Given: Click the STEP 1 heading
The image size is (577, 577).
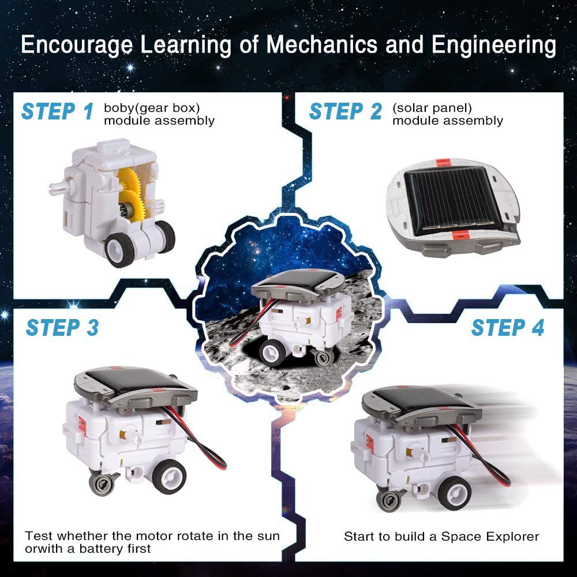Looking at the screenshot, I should point(57,111).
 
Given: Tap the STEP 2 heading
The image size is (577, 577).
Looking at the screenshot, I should point(345,111).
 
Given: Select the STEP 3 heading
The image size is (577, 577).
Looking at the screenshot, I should point(62,328).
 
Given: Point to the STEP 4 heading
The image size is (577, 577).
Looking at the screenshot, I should point(507,328).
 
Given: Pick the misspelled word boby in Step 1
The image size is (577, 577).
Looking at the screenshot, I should point(117,108).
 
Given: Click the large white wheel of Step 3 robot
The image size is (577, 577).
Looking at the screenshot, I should point(168,477).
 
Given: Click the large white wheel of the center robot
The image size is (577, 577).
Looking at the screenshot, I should point(271,351).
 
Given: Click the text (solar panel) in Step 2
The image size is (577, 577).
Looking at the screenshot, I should point(432,108).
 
